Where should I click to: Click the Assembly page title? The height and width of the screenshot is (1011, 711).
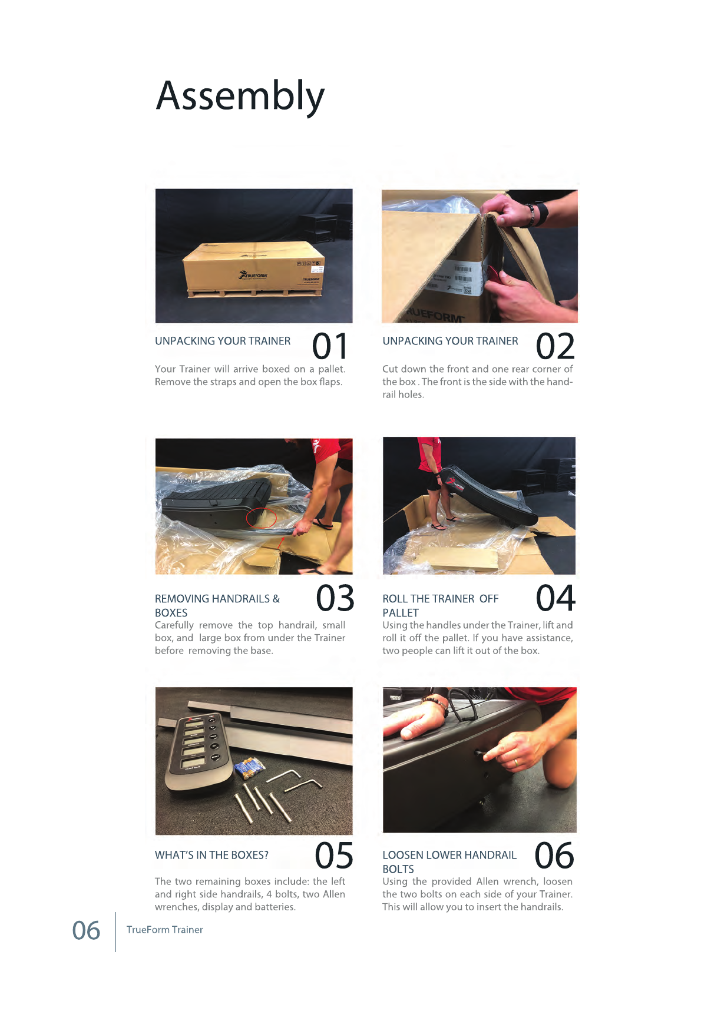pos(240,97)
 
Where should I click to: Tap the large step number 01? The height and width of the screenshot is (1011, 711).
pos(330,346)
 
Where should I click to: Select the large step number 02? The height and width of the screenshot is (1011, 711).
pos(555,346)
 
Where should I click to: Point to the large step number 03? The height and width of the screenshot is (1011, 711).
pos(335,598)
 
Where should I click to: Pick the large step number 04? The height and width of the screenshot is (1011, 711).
pos(555,598)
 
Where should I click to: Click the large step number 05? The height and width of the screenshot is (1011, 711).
pos(334,856)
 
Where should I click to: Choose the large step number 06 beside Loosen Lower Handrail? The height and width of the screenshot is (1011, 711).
pos(554,856)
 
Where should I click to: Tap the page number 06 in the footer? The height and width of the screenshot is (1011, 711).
pos(86,930)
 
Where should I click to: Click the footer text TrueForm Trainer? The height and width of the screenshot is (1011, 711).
pos(165,930)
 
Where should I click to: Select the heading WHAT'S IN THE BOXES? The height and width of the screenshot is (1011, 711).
pos(211,855)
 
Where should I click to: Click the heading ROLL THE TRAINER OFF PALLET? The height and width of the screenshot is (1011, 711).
pos(441,605)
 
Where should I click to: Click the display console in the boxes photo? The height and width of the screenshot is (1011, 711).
pos(194,751)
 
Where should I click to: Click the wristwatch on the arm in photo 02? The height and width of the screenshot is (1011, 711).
pos(539,214)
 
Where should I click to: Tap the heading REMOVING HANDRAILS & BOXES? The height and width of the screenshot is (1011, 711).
pos(217,605)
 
